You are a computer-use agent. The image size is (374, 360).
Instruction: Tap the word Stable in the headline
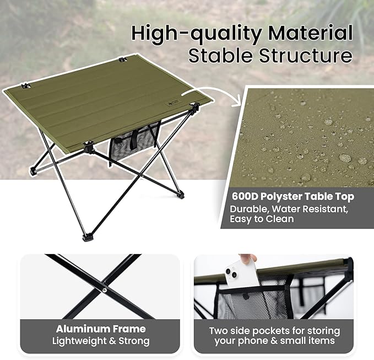click(216, 56)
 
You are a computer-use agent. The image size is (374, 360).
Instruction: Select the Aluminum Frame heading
click(100, 329)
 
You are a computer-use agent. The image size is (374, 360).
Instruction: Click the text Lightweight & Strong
click(100, 341)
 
